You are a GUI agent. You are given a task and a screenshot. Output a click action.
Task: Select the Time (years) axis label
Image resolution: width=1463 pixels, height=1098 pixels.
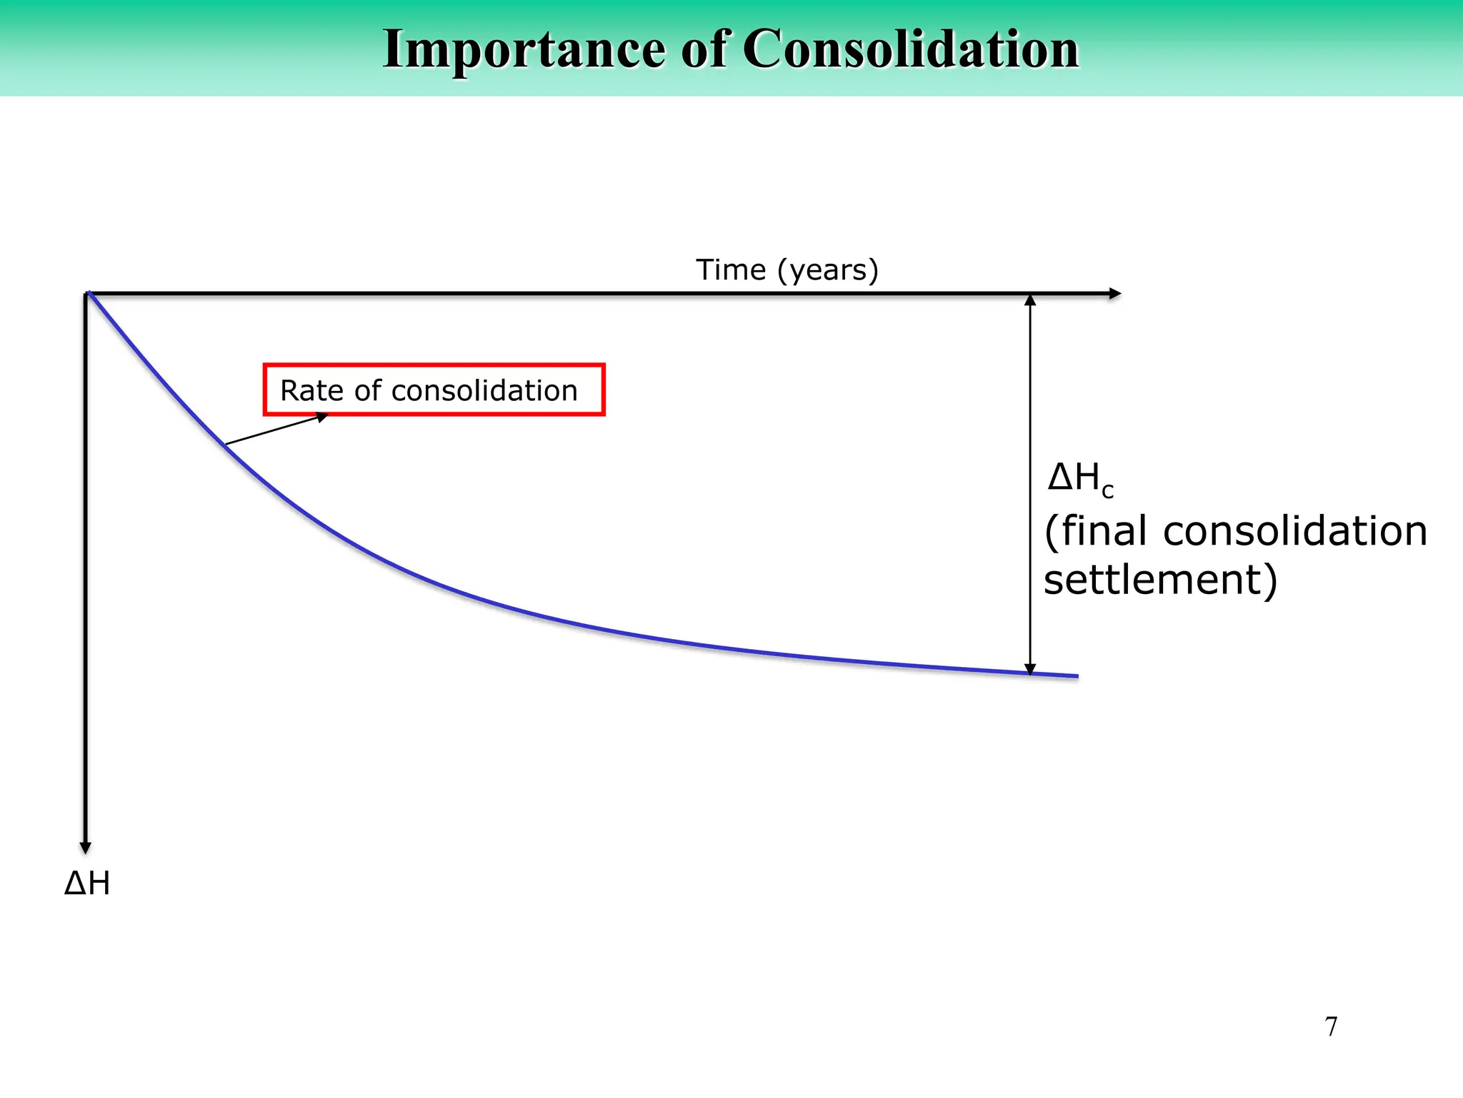[787, 270]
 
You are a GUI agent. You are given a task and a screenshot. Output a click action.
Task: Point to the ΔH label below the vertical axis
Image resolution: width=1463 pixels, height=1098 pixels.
[87, 884]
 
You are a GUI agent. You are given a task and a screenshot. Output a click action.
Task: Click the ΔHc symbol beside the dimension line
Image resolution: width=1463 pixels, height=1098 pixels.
[1079, 478]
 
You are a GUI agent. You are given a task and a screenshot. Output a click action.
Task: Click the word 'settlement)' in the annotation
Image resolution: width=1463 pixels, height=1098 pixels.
[1160, 579]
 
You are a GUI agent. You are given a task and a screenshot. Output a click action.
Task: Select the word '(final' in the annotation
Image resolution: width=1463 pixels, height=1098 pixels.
[1096, 531]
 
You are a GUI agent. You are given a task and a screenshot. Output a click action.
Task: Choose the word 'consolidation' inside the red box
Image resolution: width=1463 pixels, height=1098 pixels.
[484, 391]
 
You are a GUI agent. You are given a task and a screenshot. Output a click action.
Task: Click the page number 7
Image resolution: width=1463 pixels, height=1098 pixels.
[1331, 1027]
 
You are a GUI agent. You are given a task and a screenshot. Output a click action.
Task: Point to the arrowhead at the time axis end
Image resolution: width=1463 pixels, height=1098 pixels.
[1114, 294]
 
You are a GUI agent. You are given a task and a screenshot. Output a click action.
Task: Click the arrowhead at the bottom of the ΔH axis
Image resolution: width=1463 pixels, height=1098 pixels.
[86, 848]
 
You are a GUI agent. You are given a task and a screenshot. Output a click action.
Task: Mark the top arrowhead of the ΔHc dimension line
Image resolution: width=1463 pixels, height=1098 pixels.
[1030, 300]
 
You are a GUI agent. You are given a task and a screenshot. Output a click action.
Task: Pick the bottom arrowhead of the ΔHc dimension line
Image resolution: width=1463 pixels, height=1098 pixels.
[1030, 669]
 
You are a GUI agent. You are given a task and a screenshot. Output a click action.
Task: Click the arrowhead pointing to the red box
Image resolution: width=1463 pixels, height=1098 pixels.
[322, 417]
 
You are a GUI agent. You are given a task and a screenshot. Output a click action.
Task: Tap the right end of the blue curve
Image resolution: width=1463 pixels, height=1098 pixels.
[1077, 676]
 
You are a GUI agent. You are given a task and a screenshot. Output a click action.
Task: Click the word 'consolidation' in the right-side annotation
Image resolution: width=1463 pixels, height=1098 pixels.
[1294, 531]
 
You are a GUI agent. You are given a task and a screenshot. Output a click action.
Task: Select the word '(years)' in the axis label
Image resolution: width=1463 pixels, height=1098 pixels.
[827, 270]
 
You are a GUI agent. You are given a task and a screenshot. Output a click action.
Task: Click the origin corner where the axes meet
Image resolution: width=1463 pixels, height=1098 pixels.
[86, 294]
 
